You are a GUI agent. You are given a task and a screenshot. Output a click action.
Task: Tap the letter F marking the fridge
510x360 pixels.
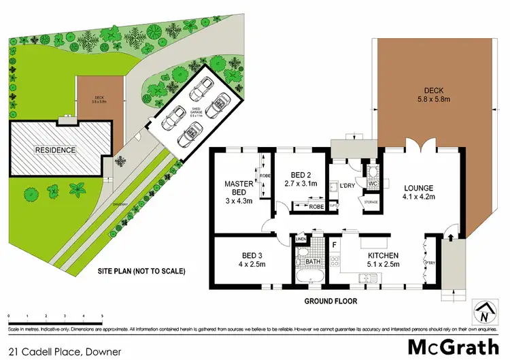[x=335, y=243]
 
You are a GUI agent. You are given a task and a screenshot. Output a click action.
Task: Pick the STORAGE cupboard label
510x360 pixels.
[x=371, y=201]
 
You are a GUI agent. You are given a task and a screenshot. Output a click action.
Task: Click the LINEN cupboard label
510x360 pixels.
[x=300, y=240]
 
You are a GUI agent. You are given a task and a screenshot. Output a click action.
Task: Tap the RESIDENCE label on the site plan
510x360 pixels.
[x=56, y=149]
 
